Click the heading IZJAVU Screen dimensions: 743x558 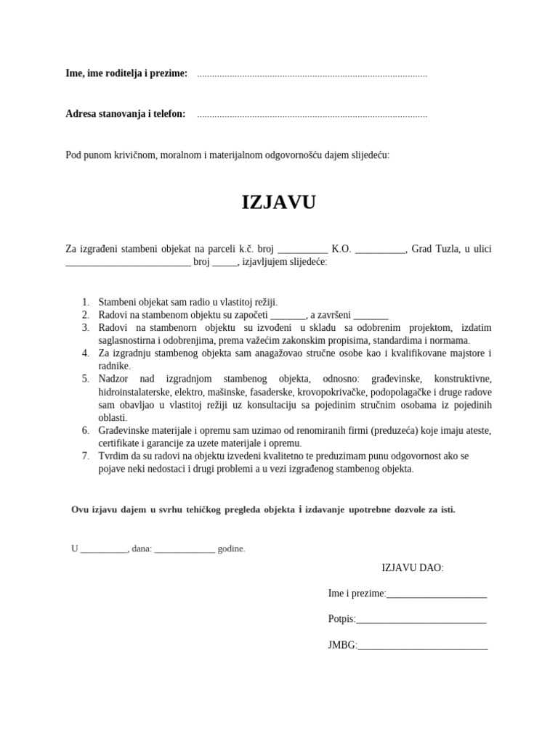[278, 203]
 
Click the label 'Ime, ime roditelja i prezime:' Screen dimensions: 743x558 [126, 73]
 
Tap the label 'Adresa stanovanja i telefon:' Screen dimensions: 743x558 [126, 114]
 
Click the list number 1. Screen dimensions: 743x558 [85, 302]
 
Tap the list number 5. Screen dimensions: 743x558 [85, 379]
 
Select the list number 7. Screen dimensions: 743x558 [85, 456]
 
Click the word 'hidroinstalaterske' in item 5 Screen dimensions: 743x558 [137, 392]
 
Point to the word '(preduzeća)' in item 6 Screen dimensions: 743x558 [397, 430]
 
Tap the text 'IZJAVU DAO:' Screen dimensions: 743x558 [412, 567]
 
